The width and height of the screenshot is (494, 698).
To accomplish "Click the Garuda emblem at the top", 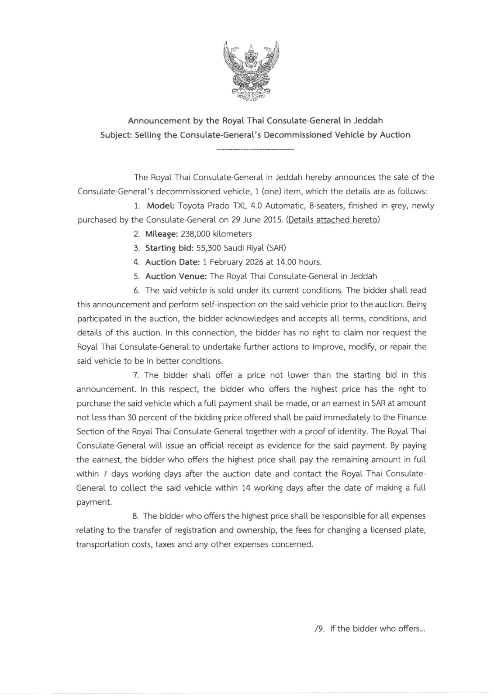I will tap(251, 71).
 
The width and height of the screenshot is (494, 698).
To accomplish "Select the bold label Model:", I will tap(161, 205).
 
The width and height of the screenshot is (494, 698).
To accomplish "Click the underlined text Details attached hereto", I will tap(332, 219).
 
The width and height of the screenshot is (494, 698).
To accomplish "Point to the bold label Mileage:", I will tap(161, 234).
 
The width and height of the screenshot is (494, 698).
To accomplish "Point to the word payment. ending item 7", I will tap(94, 502).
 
